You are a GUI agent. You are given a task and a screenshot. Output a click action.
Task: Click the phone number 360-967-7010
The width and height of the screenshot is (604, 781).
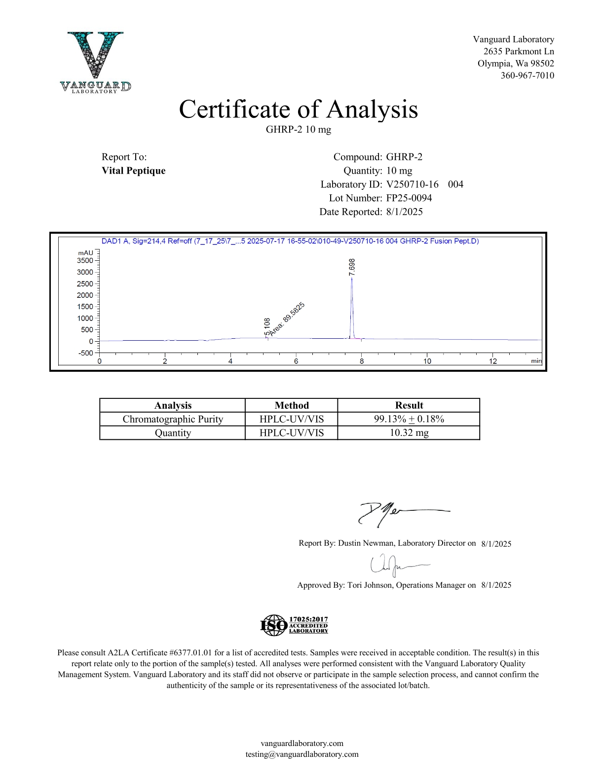pos(527,75)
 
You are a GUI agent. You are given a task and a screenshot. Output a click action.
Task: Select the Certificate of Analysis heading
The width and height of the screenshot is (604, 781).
pos(298,109)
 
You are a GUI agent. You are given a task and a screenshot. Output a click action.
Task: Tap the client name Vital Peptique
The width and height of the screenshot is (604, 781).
pos(134,171)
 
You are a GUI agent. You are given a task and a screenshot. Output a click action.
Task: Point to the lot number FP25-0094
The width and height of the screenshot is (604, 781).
pos(409,198)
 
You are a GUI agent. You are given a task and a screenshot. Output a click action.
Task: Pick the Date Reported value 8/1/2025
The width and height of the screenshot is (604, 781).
pos(405,212)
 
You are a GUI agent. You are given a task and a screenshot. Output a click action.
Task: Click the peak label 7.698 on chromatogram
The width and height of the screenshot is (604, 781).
pos(352,267)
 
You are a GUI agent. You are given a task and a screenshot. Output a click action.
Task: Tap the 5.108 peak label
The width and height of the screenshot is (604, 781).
pos(267,327)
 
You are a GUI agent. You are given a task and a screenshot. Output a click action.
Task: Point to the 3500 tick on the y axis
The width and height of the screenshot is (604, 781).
pos(85,260)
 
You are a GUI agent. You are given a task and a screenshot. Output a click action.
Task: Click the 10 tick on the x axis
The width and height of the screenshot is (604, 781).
pos(427,361)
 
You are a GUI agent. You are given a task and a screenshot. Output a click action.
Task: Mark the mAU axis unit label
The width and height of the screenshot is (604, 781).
pos(85,253)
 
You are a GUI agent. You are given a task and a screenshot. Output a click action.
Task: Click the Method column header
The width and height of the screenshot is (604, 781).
pos(292,405)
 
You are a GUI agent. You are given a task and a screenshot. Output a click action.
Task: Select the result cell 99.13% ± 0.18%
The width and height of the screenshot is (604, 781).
pos(409,419)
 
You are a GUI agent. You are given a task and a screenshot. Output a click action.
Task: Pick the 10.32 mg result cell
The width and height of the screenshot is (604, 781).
pos(409,433)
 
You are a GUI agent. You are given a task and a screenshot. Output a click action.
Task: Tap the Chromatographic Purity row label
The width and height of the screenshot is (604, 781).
pos(173,419)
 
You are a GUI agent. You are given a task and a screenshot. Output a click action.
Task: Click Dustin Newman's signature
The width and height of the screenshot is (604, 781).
pos(395,513)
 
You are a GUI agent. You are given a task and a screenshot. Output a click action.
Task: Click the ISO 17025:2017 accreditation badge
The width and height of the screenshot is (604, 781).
pos(294,625)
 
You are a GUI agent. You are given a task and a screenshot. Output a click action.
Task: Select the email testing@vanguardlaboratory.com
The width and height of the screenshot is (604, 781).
pos(302,754)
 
